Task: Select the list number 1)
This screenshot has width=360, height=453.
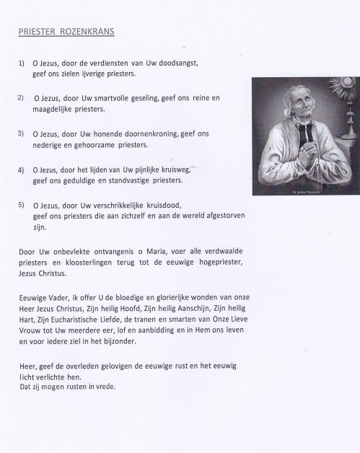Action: [22, 64]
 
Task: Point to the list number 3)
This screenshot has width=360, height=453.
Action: [22, 133]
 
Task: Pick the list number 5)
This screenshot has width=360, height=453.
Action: [22, 204]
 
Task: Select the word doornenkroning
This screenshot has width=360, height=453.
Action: [155, 133]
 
